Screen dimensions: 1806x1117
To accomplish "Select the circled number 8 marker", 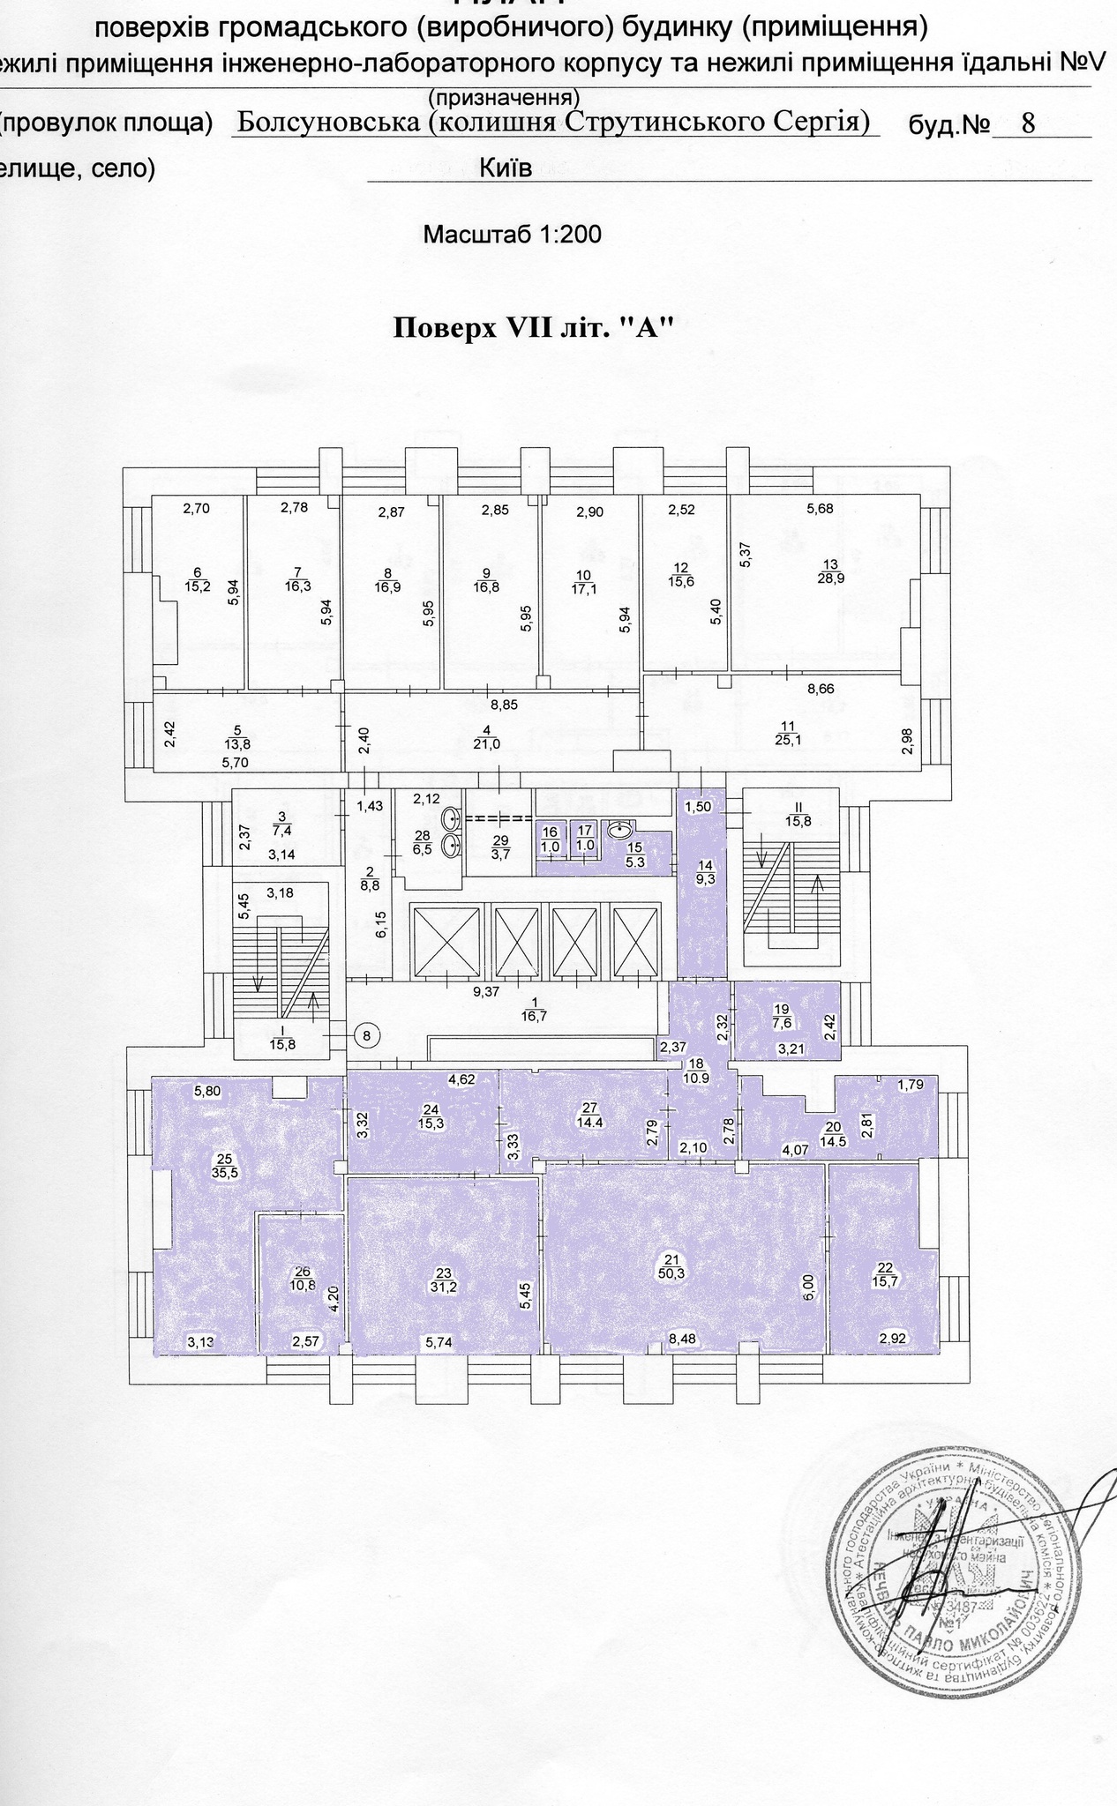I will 370,1034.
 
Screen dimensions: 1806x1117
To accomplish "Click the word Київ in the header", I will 506,168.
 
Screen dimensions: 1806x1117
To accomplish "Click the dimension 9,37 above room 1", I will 485,991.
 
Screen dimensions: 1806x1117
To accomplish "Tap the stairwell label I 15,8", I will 276,1038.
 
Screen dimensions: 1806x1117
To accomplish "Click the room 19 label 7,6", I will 780,1016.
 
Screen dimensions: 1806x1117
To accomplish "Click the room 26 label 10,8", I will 303,1279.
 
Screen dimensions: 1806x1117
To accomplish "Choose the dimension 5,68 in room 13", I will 820,508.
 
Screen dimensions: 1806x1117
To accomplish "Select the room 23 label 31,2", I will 444,1280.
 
